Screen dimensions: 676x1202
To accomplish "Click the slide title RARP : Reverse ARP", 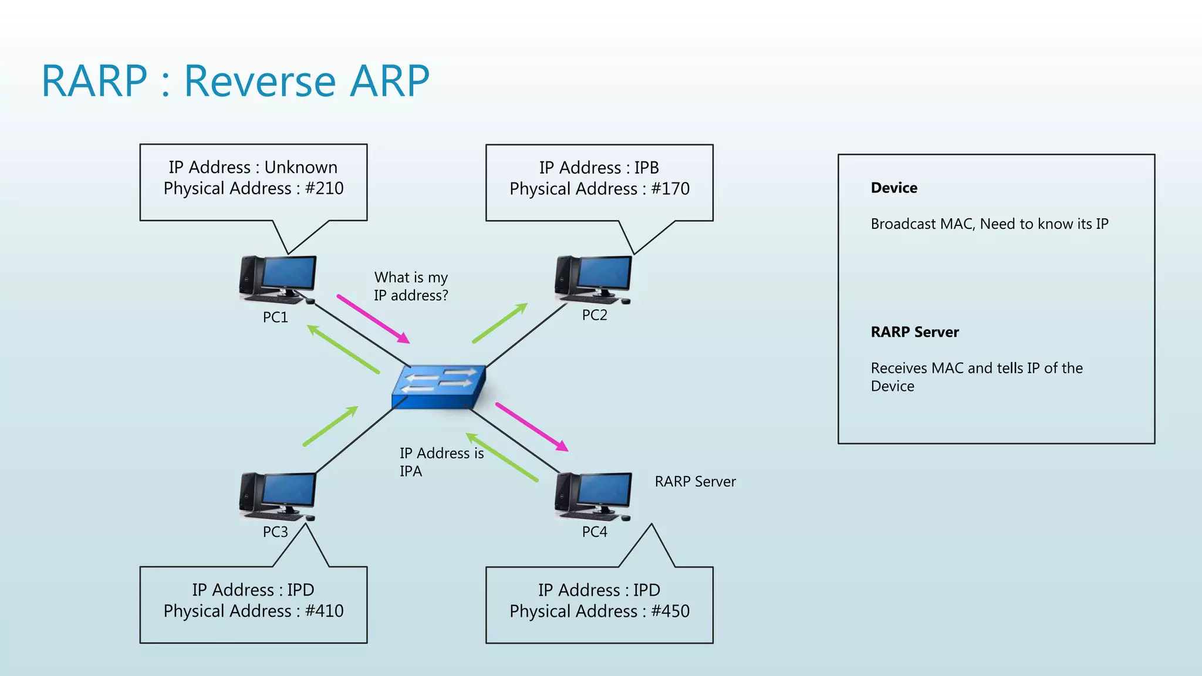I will (x=235, y=81).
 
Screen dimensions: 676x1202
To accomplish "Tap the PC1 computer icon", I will (x=278, y=279).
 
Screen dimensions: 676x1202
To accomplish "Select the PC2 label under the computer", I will (x=594, y=315).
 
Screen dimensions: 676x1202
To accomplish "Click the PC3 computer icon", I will (x=278, y=496).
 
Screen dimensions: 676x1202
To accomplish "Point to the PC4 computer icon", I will (x=593, y=496).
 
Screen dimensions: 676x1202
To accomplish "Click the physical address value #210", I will (x=324, y=188).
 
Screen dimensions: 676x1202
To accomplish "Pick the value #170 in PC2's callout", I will (x=670, y=189).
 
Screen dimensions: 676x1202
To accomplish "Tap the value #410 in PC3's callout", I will (x=324, y=611).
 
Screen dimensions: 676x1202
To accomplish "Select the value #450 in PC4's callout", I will (x=670, y=611).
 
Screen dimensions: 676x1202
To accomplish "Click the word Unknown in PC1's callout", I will (x=300, y=167).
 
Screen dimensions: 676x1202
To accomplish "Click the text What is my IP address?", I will (x=411, y=286).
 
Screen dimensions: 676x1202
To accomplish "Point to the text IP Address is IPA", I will (x=441, y=462).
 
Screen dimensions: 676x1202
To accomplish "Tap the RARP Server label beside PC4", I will (x=695, y=482).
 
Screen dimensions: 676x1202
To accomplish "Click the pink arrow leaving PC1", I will (x=373, y=319).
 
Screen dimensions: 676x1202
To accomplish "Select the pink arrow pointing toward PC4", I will (x=532, y=427).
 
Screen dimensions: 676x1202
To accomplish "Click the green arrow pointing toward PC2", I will (x=500, y=323).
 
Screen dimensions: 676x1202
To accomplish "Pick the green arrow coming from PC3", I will (x=330, y=426).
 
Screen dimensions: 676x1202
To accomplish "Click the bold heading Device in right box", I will (x=893, y=188).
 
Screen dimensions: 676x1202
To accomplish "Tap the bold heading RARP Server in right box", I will (x=914, y=332).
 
